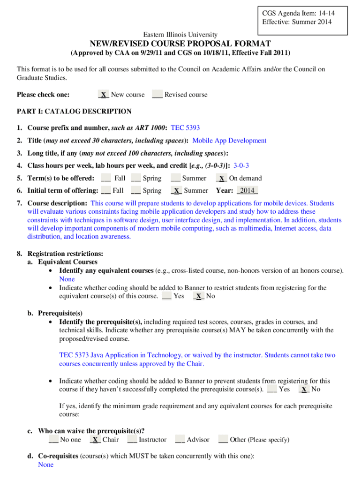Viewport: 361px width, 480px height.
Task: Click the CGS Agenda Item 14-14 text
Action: (299, 13)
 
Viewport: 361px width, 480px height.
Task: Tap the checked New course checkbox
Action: (103, 95)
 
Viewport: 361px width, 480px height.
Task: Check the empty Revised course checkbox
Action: (157, 95)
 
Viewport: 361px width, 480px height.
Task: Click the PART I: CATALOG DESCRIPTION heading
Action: (74, 112)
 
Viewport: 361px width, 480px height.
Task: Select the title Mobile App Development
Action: (229, 141)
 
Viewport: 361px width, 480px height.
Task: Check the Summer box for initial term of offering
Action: (176, 191)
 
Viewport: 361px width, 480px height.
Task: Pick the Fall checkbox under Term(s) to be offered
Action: (106, 178)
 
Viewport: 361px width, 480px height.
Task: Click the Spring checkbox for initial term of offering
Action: (136, 191)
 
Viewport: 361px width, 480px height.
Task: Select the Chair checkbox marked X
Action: (95, 440)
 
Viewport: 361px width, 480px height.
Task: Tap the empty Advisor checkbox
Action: (180, 440)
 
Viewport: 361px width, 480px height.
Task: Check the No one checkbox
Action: (53, 440)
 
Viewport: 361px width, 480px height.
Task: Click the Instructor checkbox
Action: (132, 440)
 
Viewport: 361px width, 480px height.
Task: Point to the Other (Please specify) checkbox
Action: (223, 440)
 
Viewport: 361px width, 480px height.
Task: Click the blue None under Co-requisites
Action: (46, 465)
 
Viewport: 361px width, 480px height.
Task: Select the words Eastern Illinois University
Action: (180, 35)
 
